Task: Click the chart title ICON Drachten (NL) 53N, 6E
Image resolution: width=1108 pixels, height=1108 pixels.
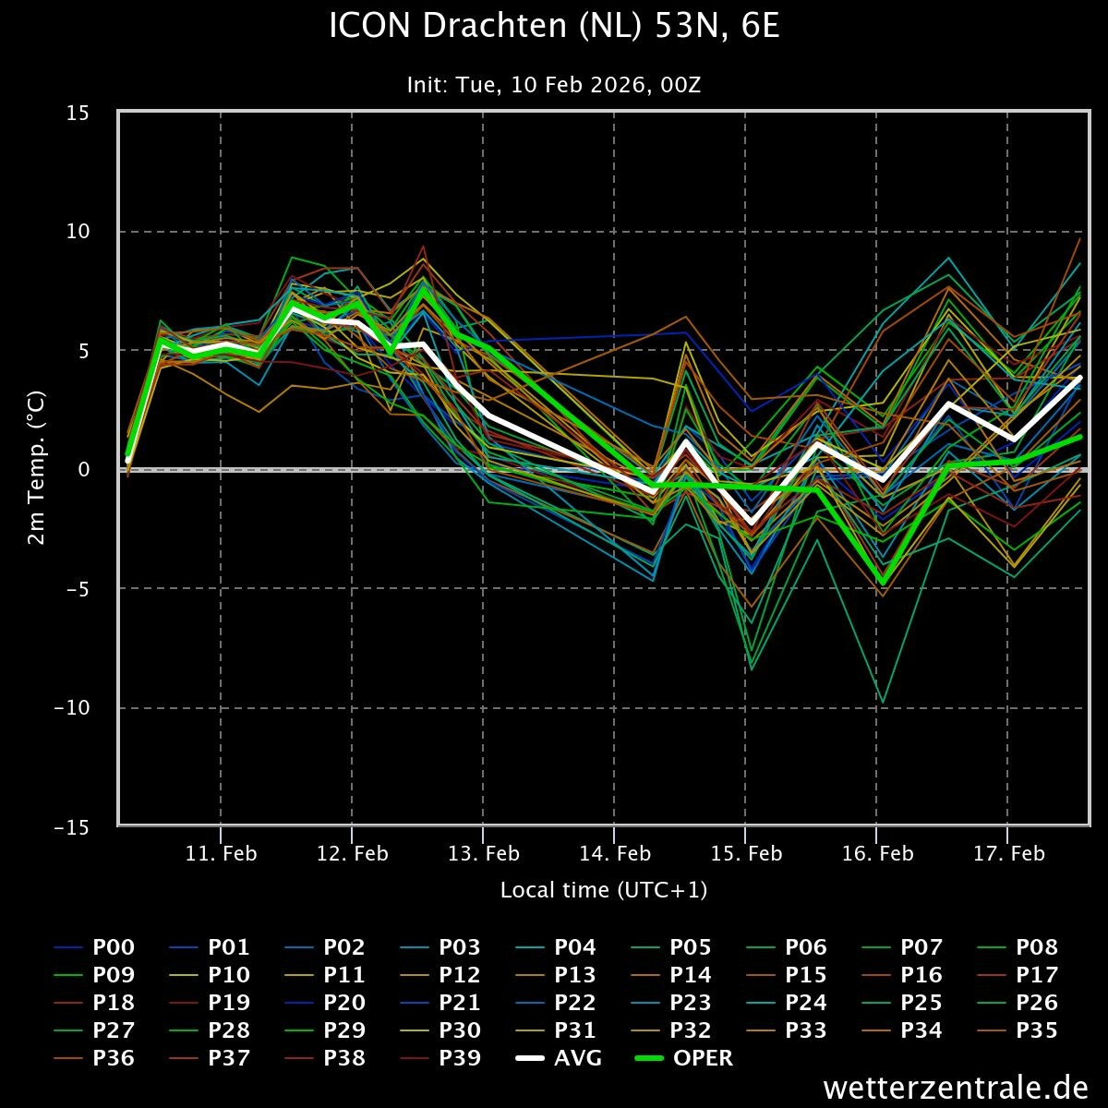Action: point(554,27)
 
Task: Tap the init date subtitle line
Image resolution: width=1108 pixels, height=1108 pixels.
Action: point(554,85)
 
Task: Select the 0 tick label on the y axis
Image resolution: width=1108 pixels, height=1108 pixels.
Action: point(82,470)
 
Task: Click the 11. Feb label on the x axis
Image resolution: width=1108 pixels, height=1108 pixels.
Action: point(222,853)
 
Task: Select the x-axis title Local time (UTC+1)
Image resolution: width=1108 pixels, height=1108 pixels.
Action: point(604,890)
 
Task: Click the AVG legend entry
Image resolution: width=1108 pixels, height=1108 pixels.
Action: point(577,1058)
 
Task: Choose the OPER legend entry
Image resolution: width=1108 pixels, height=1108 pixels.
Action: point(703,1058)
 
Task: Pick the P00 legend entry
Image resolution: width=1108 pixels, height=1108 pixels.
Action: point(114,947)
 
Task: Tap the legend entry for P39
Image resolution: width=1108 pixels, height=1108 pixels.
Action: point(460,1058)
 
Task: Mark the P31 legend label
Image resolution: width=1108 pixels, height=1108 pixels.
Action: point(575,1030)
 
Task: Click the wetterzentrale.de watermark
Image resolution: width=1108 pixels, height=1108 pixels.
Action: point(955,1087)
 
